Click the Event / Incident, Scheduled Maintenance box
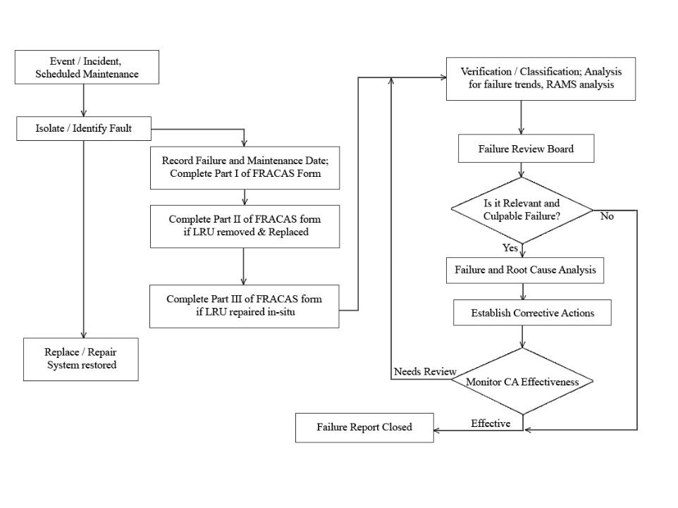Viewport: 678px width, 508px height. point(87,68)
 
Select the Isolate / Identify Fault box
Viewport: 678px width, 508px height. point(84,128)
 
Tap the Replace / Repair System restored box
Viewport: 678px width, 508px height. point(81,359)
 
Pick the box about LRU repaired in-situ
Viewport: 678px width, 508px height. point(244,306)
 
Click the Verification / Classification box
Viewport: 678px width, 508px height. point(541,78)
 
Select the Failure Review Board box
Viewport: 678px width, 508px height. point(526,149)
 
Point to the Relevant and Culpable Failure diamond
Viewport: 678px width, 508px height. point(522,209)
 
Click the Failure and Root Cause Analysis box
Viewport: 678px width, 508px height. point(525,270)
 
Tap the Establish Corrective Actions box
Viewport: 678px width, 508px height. point(531,314)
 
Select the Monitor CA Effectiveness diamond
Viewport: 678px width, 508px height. point(522,382)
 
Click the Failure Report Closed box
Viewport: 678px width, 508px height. point(364,428)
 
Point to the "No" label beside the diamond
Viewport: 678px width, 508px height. point(607,216)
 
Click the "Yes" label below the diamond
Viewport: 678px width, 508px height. point(510,248)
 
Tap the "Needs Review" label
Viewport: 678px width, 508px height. point(425,371)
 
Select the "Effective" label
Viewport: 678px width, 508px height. point(491,423)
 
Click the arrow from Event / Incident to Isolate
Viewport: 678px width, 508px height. point(84,101)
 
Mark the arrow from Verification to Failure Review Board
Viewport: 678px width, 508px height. point(521,118)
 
